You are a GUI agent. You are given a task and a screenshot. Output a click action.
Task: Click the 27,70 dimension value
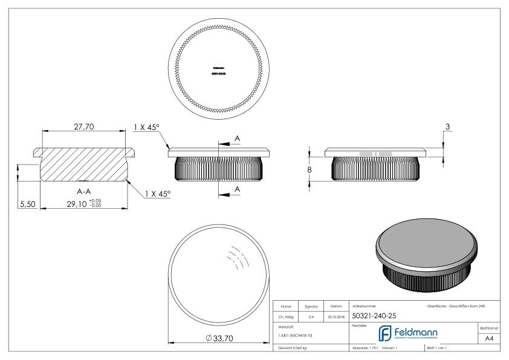[x=84, y=126]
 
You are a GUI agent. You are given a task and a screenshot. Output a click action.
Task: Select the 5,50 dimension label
[x=28, y=205]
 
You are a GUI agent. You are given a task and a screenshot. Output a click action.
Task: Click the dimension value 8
[x=310, y=170]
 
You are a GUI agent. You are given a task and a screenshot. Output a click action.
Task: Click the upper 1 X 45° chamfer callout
[x=147, y=128]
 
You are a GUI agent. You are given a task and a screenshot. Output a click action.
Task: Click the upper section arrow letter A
[x=237, y=139]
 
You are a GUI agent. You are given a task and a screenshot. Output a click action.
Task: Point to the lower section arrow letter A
[x=237, y=189]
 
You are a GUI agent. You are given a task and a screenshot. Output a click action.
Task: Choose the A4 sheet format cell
[x=490, y=339]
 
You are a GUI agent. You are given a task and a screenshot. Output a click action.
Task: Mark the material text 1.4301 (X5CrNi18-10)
[x=294, y=335]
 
